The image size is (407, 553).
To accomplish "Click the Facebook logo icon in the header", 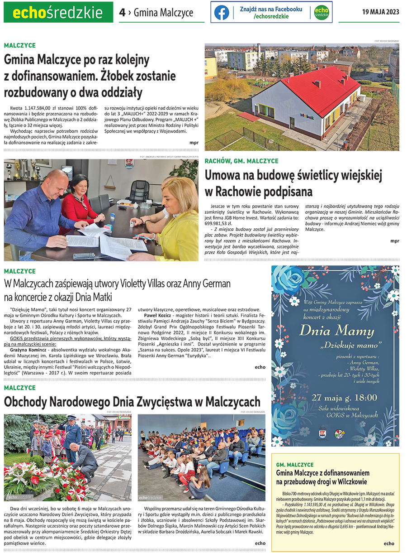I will (x=222, y=12).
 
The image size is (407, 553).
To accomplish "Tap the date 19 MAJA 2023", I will (x=380, y=12).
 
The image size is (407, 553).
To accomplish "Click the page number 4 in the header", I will (x=122, y=12).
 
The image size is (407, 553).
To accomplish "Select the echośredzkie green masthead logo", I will (x=58, y=12).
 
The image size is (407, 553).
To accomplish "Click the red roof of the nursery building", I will (x=317, y=88).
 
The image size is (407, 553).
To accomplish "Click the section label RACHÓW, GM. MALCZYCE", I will (x=241, y=161).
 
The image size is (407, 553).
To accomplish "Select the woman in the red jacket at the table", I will (x=81, y=199).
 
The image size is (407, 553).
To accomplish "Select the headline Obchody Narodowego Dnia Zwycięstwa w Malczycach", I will (x=132, y=402).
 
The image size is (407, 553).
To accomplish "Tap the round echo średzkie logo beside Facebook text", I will (x=322, y=12).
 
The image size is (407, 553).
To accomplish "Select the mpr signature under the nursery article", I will (x=194, y=142).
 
